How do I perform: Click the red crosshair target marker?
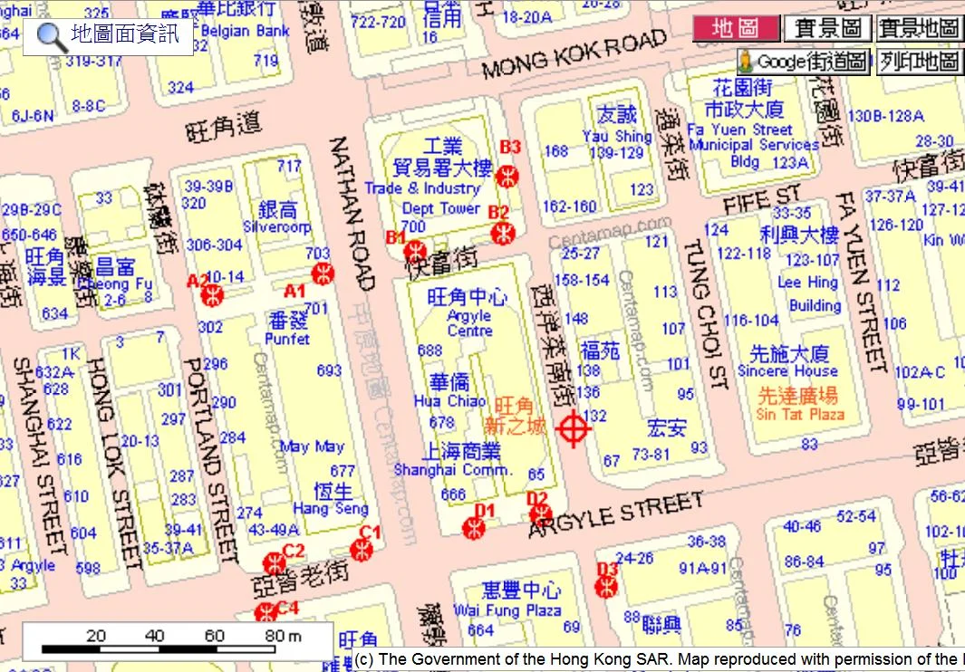point(573,428)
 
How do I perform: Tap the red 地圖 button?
point(736,28)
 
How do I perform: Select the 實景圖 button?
point(827,28)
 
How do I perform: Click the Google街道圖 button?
point(803,62)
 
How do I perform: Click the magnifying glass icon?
point(51,37)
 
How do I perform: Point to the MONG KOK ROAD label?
point(574,53)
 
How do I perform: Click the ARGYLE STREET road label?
point(616,514)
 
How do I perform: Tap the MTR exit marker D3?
point(606,586)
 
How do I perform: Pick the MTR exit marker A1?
point(322,274)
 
